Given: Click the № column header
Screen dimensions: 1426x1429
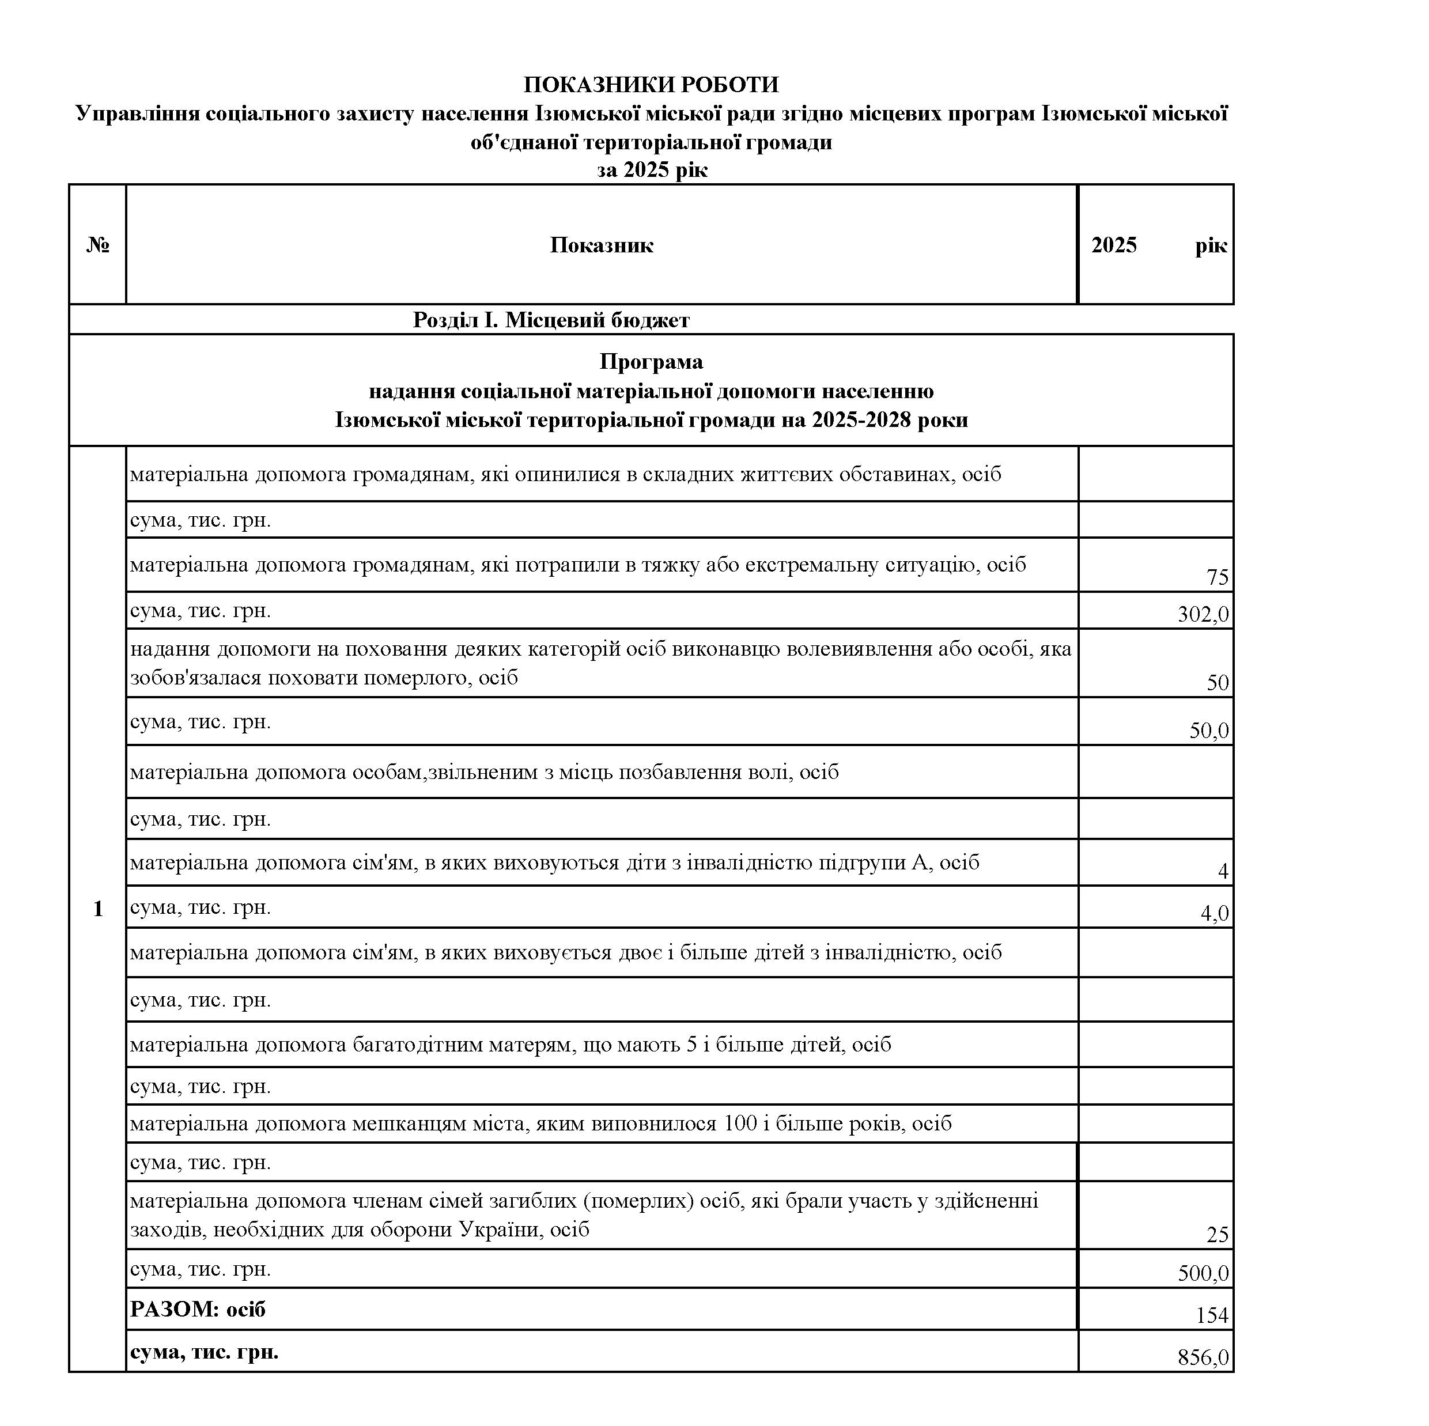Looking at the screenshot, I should coord(97,245).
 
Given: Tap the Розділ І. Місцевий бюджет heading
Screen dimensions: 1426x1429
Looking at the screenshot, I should coord(550,320).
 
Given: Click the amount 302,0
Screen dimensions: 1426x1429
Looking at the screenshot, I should coord(1203,615).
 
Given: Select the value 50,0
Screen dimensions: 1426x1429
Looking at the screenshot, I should coord(1208,731).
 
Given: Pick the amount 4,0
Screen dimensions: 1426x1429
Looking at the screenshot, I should coord(1213,913).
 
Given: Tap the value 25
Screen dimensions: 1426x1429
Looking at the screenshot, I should coord(1217,1235).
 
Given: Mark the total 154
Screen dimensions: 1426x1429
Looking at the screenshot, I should coord(1212,1315).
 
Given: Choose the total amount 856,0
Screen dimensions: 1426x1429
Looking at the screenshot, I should coord(1203,1357).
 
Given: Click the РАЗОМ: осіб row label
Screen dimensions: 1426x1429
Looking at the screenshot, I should coord(198,1310).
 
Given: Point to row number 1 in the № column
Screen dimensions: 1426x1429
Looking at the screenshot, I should coord(97,909).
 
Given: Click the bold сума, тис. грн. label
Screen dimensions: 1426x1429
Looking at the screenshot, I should coord(204,1352).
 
